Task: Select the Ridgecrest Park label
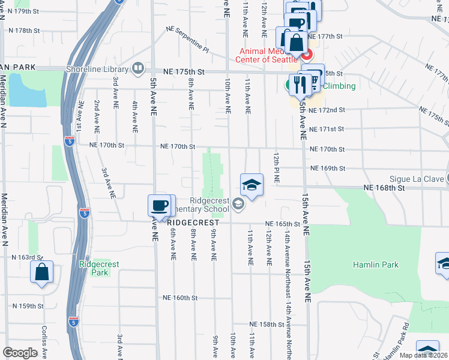coord(93,268)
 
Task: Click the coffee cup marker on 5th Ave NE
coord(159,205)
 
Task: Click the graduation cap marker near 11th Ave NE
coord(252,185)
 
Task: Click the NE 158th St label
coord(267,324)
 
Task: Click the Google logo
coord(20,353)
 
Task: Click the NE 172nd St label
coord(328,110)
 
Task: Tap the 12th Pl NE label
coord(277,168)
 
